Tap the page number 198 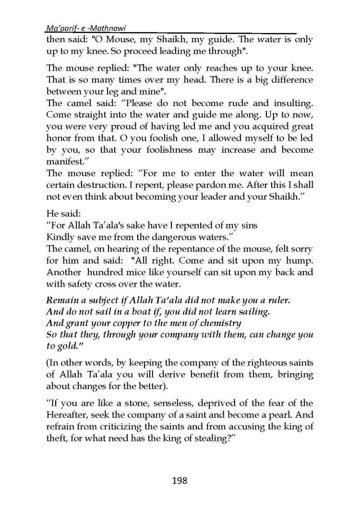click(180, 480)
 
